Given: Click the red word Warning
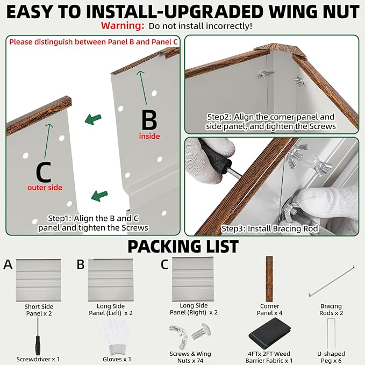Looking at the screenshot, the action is tap(123, 26).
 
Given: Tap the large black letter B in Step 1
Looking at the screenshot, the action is tap(149, 120).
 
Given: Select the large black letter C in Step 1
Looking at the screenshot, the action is tap(44, 172).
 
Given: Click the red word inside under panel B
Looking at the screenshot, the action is tap(149, 136).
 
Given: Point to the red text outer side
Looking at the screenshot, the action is tap(45, 188).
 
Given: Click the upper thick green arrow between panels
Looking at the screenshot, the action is tap(93, 119).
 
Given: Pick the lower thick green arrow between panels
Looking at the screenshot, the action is tap(99, 196).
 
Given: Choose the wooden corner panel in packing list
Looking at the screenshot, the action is tap(269, 279).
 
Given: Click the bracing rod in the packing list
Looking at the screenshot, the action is tap(332, 281).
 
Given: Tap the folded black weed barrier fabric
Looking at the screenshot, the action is tap(270, 334).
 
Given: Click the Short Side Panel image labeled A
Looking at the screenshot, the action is tap(38, 280).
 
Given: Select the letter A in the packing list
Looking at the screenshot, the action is tap(8, 264).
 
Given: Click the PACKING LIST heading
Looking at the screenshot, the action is tap(183, 247).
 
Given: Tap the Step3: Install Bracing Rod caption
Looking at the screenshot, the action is tap(269, 228).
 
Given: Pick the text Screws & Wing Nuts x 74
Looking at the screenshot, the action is tap(190, 357).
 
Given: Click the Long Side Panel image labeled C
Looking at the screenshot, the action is tap(193, 280).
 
